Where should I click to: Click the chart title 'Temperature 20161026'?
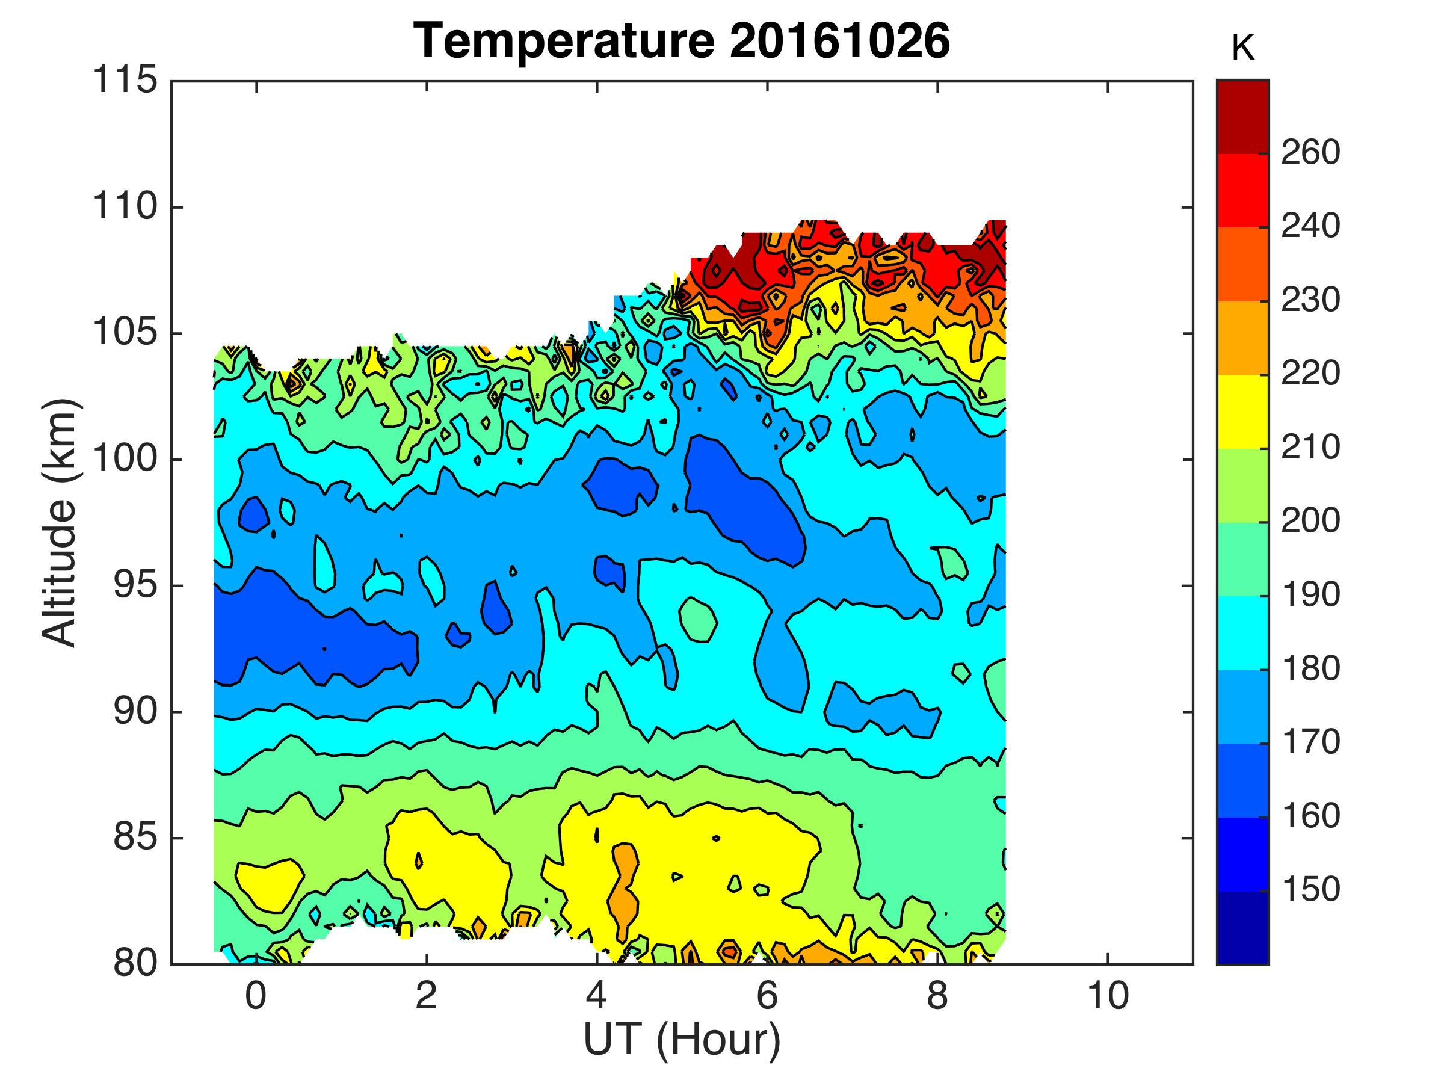[682, 40]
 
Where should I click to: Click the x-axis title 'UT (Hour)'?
[682, 1038]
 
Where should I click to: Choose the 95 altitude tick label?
[135, 585]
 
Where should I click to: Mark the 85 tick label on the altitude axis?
[135, 838]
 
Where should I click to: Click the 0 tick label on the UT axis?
[256, 996]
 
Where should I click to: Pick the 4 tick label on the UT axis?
[597, 996]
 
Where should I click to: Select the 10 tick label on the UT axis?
[1108, 996]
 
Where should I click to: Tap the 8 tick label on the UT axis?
[937, 996]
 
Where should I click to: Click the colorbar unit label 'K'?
[1243, 48]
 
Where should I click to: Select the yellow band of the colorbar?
[1243, 412]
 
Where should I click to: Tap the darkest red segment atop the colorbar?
[1243, 116]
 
